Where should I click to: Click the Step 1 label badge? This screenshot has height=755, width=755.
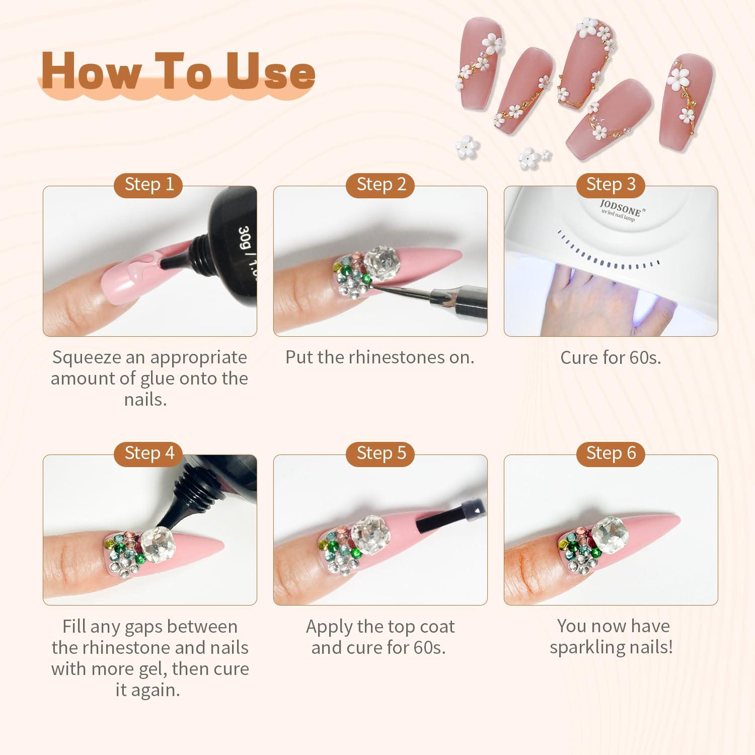pyautogui.click(x=149, y=184)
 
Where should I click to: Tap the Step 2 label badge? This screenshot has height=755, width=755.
pyautogui.click(x=381, y=184)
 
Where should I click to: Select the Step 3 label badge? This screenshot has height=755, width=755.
pyautogui.click(x=611, y=184)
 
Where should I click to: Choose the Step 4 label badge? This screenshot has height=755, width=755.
pyautogui.click(x=149, y=453)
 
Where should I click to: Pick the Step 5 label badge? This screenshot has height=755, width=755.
pyautogui.click(x=381, y=453)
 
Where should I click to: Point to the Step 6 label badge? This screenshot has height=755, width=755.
pyautogui.click(x=611, y=453)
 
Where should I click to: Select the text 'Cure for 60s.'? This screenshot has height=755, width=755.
pyautogui.click(x=611, y=357)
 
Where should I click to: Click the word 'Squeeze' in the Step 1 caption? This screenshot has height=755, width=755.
pyautogui.click(x=84, y=358)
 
